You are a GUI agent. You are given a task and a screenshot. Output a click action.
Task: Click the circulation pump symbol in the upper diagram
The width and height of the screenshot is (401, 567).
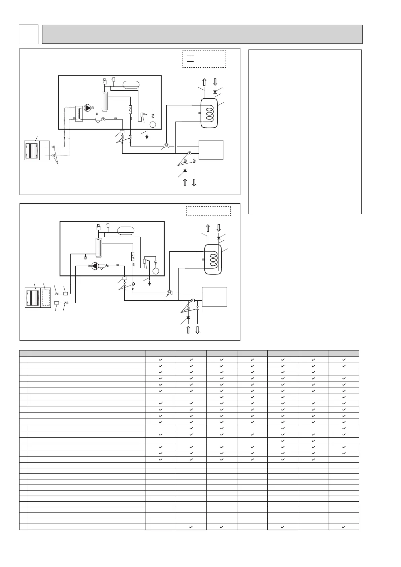coord(88,108)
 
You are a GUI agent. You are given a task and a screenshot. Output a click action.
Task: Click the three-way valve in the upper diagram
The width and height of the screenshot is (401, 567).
coord(167,146)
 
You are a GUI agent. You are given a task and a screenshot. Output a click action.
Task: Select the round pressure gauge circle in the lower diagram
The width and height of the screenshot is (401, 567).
coord(156,271)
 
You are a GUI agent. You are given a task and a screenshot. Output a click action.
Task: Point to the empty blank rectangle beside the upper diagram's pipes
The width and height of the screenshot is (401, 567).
coord(211,150)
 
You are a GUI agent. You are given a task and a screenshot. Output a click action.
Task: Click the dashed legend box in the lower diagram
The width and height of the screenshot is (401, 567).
coord(208,211)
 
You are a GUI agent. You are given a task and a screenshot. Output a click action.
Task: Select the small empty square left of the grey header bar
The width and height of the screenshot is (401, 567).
coord(28,34)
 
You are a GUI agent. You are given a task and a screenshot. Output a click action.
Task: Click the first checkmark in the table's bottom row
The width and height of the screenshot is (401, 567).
coord(191,527)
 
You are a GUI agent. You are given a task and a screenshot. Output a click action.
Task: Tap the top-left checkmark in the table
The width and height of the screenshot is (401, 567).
coord(160,360)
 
